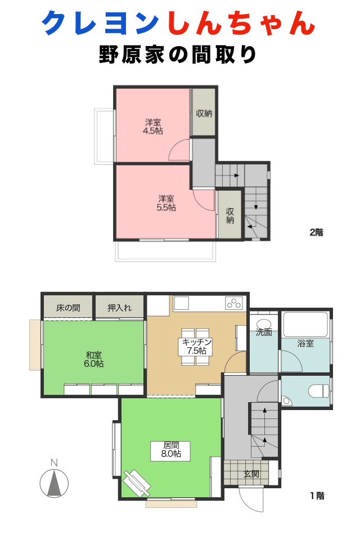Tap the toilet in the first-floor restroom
tap(319, 390)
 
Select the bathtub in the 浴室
tap(305, 325)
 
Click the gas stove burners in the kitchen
tap(233, 303)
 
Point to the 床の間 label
tap(68, 308)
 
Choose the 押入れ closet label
tap(119, 308)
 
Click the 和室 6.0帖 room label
tap(94, 359)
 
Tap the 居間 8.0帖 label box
tap(170, 450)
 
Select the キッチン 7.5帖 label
tap(196, 346)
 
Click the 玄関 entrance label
tap(251, 474)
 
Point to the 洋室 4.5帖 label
tap(153, 126)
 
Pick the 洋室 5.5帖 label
tap(165, 202)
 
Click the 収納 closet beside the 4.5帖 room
tap(204, 112)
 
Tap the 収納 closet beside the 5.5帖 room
tap(230, 215)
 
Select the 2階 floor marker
tap(317, 232)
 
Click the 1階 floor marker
tap(317, 496)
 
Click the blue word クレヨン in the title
tap(101, 24)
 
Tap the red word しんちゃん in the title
tap(240, 24)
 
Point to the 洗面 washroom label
tap(264, 332)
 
